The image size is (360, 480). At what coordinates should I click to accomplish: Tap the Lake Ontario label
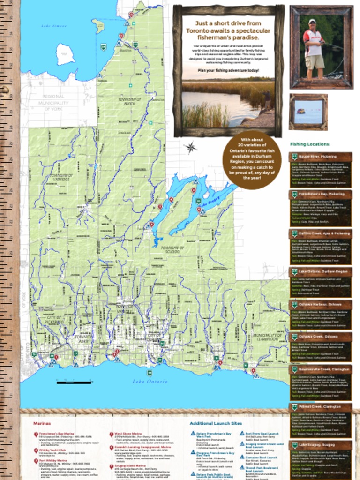click(150, 382)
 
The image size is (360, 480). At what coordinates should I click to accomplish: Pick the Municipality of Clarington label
click(267, 338)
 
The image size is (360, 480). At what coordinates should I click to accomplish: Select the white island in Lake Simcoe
click(66, 54)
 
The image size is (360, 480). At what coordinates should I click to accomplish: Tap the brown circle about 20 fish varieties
click(252, 160)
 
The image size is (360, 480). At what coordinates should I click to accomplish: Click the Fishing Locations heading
click(310, 144)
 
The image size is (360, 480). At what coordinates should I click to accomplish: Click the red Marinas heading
click(42, 423)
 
